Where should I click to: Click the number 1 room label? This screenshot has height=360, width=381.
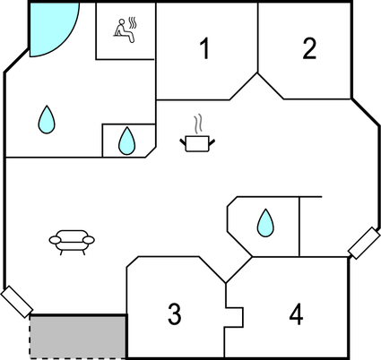[204, 48]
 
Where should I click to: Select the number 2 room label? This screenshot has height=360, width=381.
[309, 48]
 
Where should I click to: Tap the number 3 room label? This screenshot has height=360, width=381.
[175, 313]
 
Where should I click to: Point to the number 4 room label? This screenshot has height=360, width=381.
[296, 313]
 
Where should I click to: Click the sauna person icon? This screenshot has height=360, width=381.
[124, 30]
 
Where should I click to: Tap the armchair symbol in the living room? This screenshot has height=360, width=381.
[72, 242]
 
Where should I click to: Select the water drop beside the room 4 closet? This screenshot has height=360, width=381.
[265, 223]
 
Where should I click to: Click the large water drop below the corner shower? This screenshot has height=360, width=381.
[47, 120]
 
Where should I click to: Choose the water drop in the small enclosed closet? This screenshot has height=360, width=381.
[126, 141]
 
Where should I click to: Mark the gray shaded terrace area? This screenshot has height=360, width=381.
[78, 337]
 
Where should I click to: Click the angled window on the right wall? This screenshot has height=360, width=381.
[364, 243]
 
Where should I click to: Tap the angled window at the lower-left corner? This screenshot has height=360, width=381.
[17, 302]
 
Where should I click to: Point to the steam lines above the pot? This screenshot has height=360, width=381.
[197, 125]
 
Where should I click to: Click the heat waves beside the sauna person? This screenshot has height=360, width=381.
[133, 23]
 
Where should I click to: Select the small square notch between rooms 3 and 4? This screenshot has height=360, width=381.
[234, 317]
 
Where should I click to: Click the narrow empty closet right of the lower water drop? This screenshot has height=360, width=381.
[311, 227]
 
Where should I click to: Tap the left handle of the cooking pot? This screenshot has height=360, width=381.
[183, 141]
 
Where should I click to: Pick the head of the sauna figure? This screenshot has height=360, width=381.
[122, 21]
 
